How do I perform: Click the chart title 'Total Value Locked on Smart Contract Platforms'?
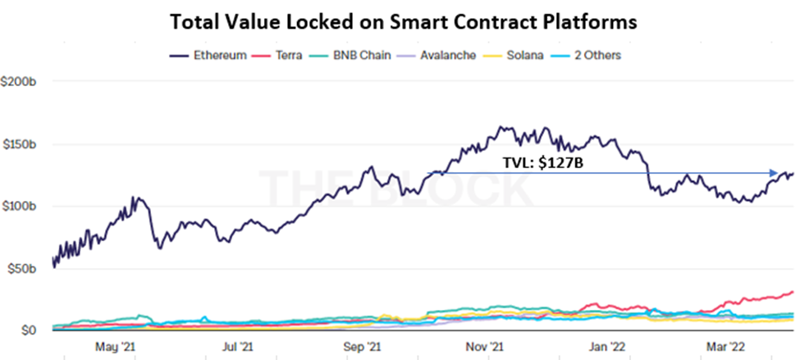pyautogui.click(x=401, y=22)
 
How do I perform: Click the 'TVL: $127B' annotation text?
pyautogui.click(x=542, y=162)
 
